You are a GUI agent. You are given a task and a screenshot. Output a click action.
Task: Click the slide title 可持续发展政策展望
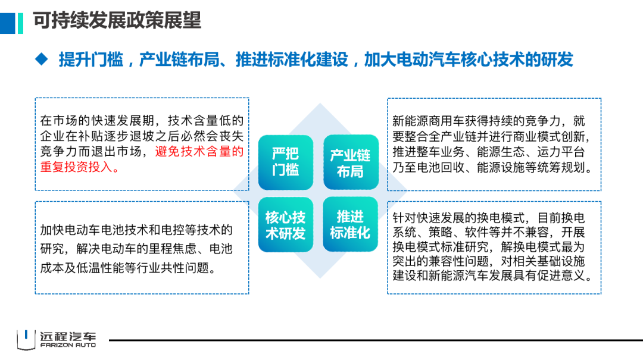[117, 20]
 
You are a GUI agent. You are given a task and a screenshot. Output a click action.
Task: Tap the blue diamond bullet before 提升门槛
[40, 59]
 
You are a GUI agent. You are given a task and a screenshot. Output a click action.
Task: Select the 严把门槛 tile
[285, 162]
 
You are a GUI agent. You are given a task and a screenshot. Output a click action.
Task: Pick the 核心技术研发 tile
[285, 225]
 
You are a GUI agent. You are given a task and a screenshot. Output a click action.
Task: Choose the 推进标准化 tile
[350, 224]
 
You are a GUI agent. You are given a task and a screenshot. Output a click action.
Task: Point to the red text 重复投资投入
[80, 168]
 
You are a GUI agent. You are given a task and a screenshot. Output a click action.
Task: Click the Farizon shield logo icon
[26, 339]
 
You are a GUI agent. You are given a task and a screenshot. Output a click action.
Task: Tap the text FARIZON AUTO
[67, 345]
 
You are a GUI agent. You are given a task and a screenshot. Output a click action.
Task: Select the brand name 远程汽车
[67, 335]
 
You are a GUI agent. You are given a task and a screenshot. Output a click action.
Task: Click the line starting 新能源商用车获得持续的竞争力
[489, 121]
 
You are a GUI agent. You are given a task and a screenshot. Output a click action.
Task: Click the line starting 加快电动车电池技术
[136, 230]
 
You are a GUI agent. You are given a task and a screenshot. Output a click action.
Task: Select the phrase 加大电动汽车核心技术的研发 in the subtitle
[469, 60]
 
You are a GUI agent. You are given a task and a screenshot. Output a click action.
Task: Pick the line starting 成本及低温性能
[127, 268]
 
